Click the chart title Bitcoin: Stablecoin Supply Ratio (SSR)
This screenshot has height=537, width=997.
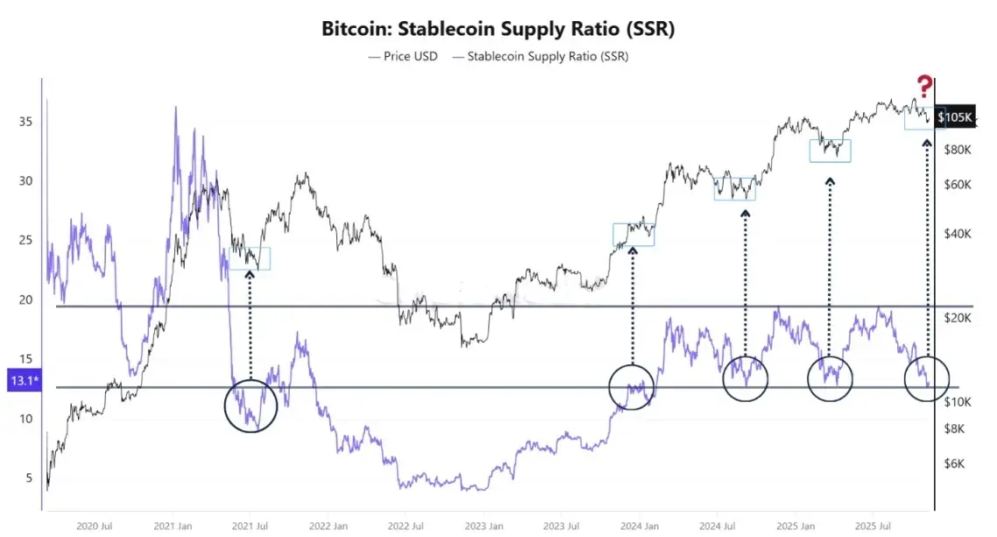pyautogui.click(x=498, y=28)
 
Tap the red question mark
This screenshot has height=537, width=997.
pyautogui.click(x=924, y=87)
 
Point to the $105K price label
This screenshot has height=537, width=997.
pyautogui.click(x=954, y=117)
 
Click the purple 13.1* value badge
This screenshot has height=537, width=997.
pyautogui.click(x=21, y=381)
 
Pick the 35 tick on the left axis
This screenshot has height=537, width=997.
pyautogui.click(x=26, y=121)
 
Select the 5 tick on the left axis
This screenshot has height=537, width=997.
pyautogui.click(x=30, y=478)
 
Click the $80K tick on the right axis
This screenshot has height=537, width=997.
pyautogui.click(x=957, y=150)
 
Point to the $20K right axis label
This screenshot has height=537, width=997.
pyautogui.click(x=957, y=318)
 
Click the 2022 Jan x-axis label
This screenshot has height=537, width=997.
pyautogui.click(x=326, y=526)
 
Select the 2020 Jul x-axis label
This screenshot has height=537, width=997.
pyautogui.click(x=94, y=526)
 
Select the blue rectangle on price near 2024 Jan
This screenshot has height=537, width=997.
pyautogui.click(x=633, y=234)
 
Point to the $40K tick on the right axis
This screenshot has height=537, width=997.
pyautogui.click(x=957, y=234)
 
